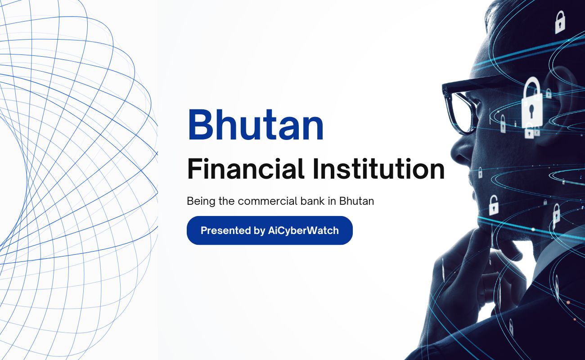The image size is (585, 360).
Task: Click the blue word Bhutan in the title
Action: coord(256,125)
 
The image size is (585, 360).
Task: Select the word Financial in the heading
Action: coord(246,169)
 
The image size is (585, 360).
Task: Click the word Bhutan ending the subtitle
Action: coord(356,201)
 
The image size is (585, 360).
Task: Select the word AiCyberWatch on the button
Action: coord(303,230)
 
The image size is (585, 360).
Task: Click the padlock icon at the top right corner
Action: coord(560,22)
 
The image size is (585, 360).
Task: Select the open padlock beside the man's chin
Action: coord(494,205)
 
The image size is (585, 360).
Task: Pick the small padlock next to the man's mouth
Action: coord(480,173)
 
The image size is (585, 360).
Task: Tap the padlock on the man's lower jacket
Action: coord(511,327)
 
